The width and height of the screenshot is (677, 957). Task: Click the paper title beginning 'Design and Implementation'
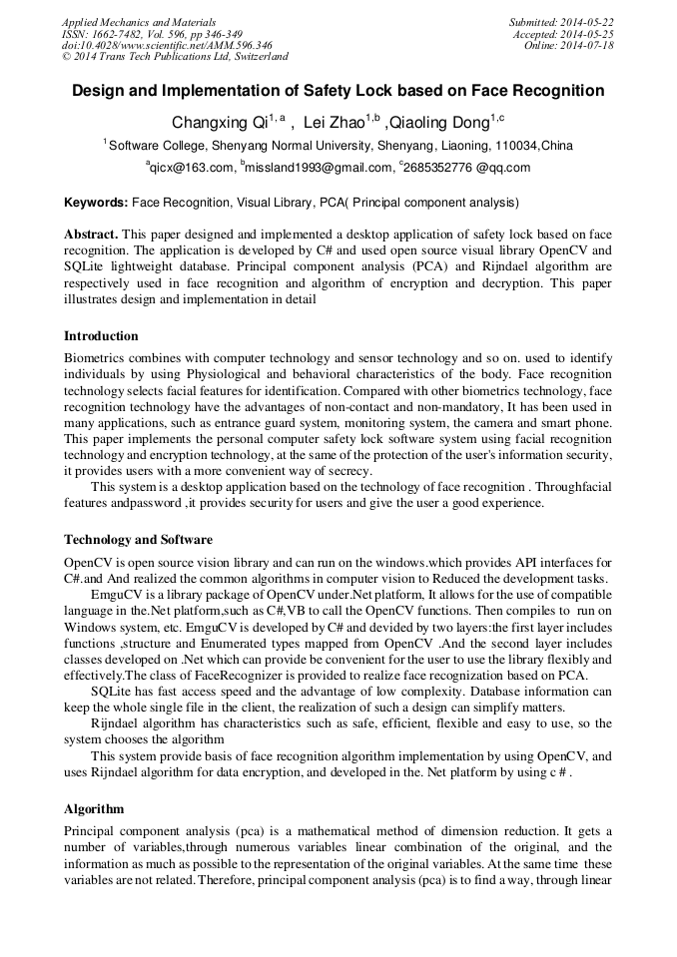click(338, 91)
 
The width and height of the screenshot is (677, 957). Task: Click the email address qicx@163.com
click(192, 168)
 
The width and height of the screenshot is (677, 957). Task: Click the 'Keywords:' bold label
click(96, 203)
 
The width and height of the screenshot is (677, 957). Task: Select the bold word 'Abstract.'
click(92, 235)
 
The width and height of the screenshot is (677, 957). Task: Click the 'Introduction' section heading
click(101, 336)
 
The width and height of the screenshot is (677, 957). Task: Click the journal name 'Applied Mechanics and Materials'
click(138, 22)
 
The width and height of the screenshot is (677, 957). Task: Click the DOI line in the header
click(166, 46)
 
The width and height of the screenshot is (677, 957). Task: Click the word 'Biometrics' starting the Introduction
click(96, 358)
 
